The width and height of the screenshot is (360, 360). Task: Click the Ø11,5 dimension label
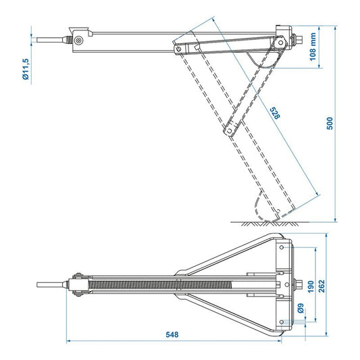25,67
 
